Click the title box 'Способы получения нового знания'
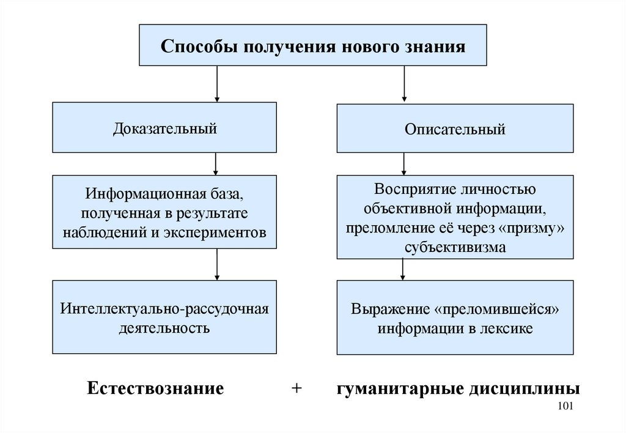pyautogui.click(x=313, y=45)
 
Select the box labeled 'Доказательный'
pyautogui.click(x=165, y=128)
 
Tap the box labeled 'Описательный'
pyautogui.click(x=455, y=129)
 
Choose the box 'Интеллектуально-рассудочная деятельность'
pyautogui.click(x=165, y=318)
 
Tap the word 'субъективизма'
pyautogui.click(x=455, y=247)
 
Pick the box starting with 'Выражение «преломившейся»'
pyautogui.click(x=455, y=318)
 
